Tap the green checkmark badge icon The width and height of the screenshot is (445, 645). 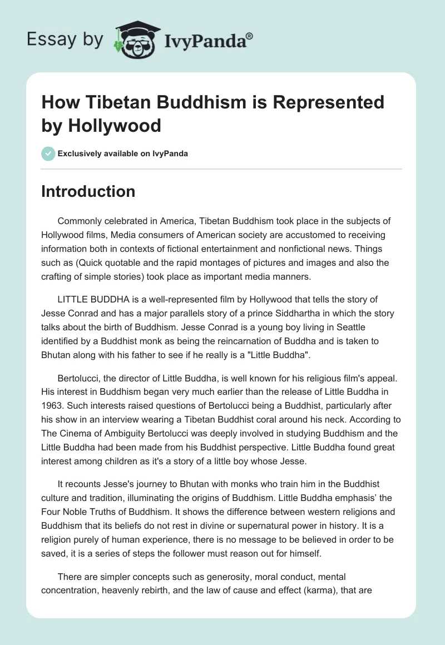[48, 153]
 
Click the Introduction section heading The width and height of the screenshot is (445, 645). [88, 191]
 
